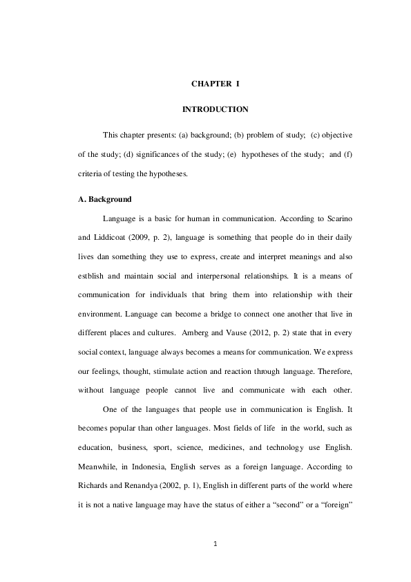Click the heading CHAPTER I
[215, 84]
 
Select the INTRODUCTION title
[215, 109]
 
